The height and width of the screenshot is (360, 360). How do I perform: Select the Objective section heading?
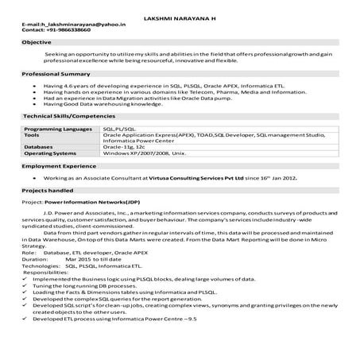(37, 41)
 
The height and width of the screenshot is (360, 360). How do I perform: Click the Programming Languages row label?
(57, 128)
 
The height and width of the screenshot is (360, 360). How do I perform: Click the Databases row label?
(39, 147)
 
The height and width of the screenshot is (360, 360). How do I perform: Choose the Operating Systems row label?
(52, 153)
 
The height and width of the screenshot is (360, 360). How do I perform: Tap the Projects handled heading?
(48, 192)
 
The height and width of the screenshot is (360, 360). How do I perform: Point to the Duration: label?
(36, 259)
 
